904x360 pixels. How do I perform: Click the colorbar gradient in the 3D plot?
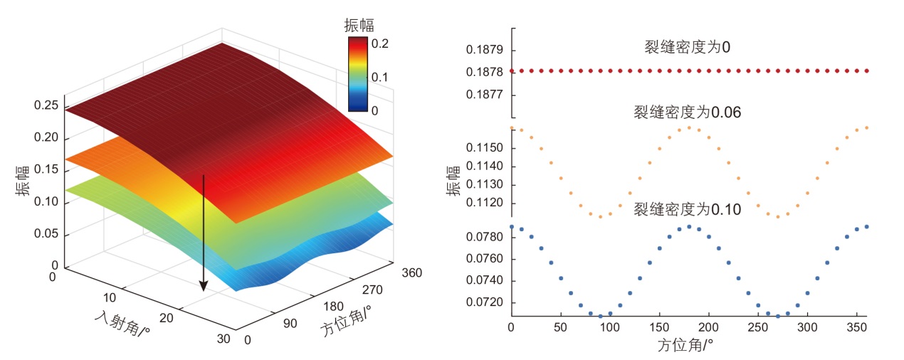(x=358, y=75)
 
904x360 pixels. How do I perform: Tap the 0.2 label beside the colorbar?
(x=380, y=43)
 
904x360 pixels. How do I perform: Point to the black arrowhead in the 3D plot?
(x=204, y=285)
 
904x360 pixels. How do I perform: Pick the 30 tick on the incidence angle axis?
(x=223, y=339)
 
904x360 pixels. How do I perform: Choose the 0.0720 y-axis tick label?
(x=483, y=302)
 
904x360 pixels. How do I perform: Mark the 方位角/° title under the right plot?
(x=687, y=346)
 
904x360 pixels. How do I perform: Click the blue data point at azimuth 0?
(x=511, y=227)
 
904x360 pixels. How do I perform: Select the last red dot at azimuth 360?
(x=866, y=71)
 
